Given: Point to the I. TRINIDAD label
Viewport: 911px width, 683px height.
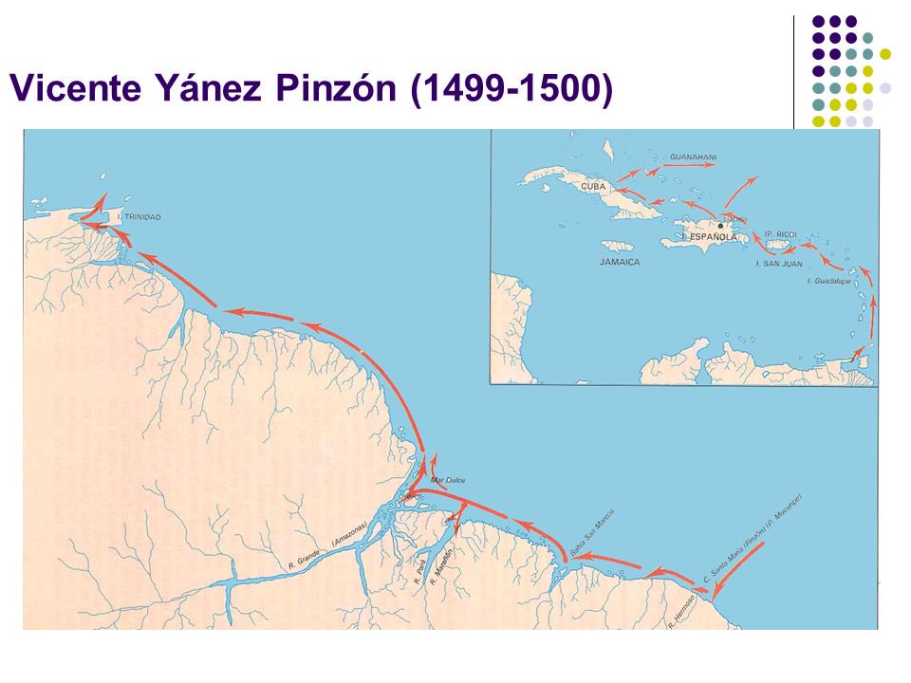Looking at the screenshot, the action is tap(139, 218).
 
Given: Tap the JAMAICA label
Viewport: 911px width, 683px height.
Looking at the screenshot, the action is tap(621, 260).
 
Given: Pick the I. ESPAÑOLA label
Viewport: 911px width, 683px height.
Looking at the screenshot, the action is tap(710, 234).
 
